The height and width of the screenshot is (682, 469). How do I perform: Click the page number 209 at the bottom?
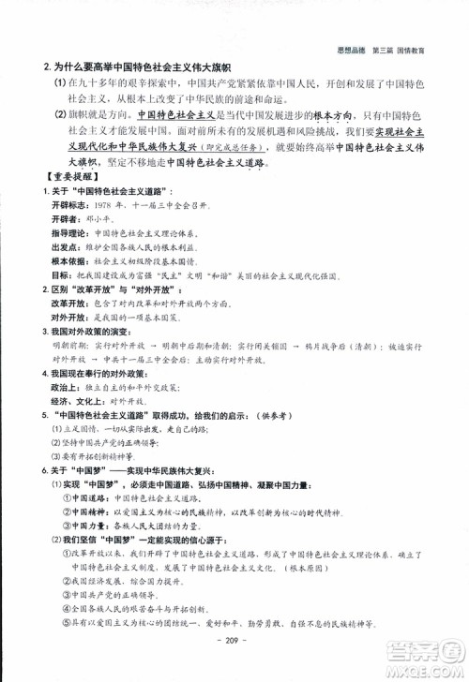[x=234, y=652]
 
